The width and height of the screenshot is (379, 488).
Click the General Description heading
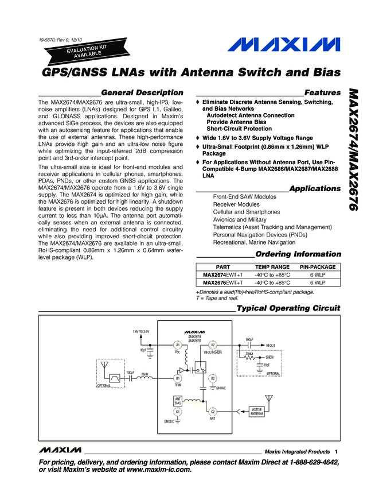coord(142,92)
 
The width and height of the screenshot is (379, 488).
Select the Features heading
coord(322,92)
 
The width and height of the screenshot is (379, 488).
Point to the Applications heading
coord(315,188)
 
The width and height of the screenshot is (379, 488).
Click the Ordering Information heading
coord(298,254)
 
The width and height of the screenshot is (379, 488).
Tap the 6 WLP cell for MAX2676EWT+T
coord(318,283)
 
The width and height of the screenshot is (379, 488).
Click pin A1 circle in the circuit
coord(178,345)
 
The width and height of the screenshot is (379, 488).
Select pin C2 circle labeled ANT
coord(213,412)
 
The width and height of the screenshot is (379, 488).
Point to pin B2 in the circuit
coord(213,378)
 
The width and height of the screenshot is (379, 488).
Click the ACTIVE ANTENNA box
coord(256,411)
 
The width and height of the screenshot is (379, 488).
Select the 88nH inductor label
coord(145,374)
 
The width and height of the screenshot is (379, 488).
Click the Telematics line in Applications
coord(272,227)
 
